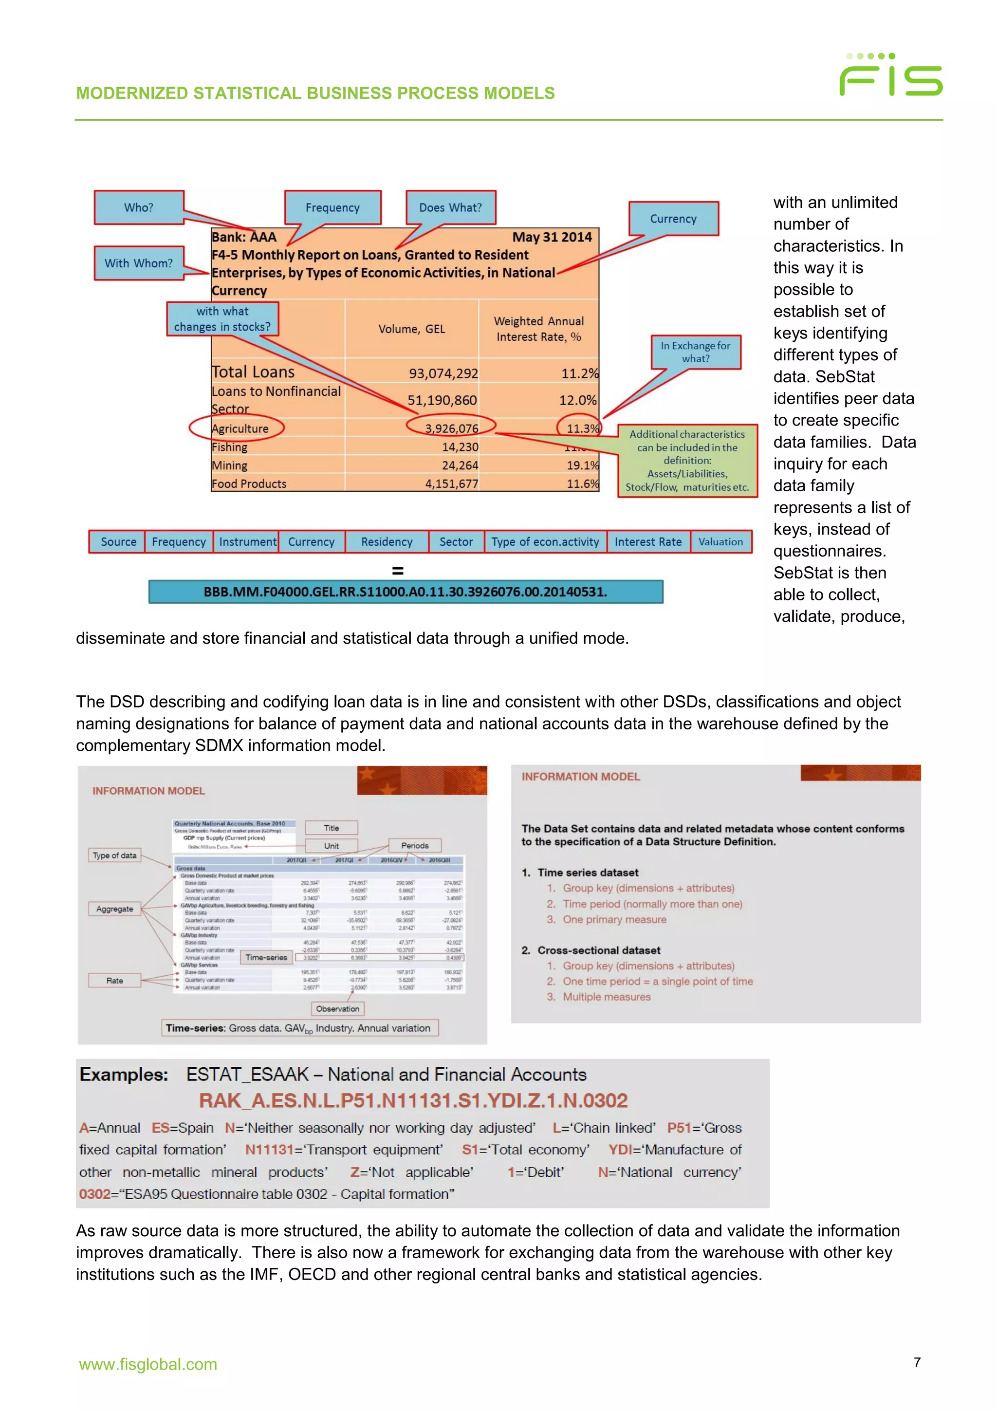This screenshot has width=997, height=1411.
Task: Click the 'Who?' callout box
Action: pyautogui.click(x=139, y=208)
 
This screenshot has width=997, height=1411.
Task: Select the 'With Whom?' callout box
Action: pyautogui.click(x=139, y=263)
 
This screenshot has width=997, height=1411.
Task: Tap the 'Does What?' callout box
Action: pyautogui.click(x=450, y=208)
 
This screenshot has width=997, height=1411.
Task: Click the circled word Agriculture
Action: pyautogui.click(x=240, y=428)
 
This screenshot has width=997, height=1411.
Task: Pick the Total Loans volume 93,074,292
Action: pyautogui.click(x=443, y=373)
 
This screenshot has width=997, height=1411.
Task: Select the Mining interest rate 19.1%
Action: pyautogui.click(x=582, y=465)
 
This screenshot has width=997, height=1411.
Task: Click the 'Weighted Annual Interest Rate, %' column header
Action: pyautogui.click(x=539, y=329)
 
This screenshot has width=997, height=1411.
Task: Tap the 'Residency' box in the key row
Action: pyautogui.click(x=387, y=541)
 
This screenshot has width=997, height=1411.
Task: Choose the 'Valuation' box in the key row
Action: pyautogui.click(x=720, y=541)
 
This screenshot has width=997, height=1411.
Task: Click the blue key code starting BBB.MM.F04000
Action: pyautogui.click(x=406, y=592)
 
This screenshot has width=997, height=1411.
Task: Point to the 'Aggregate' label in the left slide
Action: pyautogui.click(x=114, y=909)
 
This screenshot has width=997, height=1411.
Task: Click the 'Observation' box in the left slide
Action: pyautogui.click(x=337, y=1008)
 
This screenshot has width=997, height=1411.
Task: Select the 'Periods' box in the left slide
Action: pyautogui.click(x=415, y=846)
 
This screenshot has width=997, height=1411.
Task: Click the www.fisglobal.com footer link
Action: pyautogui.click(x=148, y=1364)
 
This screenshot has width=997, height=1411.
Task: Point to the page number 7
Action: pyautogui.click(x=917, y=1362)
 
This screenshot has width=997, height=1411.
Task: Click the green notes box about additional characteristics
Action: pyautogui.click(x=687, y=460)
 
